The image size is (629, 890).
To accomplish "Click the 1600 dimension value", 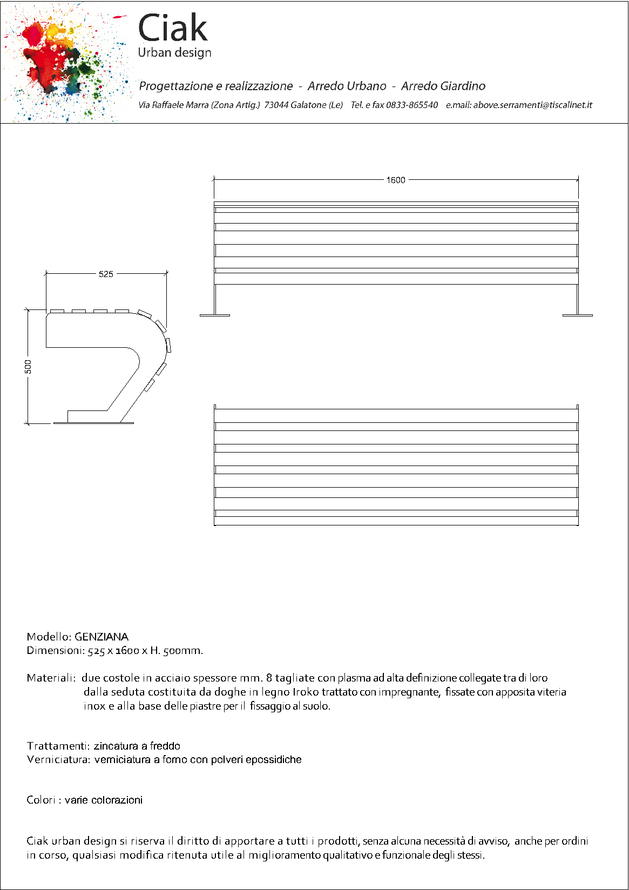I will point(395,180).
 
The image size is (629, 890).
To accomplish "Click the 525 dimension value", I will point(106,274).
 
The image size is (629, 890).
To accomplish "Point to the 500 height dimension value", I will point(28,367).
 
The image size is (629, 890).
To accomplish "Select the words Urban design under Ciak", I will point(174,52).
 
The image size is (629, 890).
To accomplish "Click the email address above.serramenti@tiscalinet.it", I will point(532,105).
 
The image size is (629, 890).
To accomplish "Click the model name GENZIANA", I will point(102,637).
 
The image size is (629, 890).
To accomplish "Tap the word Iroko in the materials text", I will point(306,692).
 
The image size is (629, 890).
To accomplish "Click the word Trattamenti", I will point(58,746).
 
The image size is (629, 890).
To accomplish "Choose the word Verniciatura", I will point(59,759).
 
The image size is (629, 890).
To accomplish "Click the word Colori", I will point(41,800).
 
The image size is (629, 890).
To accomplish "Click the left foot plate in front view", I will point(215,315).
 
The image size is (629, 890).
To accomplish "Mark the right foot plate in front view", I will point(577,315).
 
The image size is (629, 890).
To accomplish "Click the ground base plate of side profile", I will point(93,423).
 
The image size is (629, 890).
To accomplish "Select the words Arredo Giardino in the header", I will point(443,86).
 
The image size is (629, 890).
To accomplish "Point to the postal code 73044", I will point(276,105).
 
